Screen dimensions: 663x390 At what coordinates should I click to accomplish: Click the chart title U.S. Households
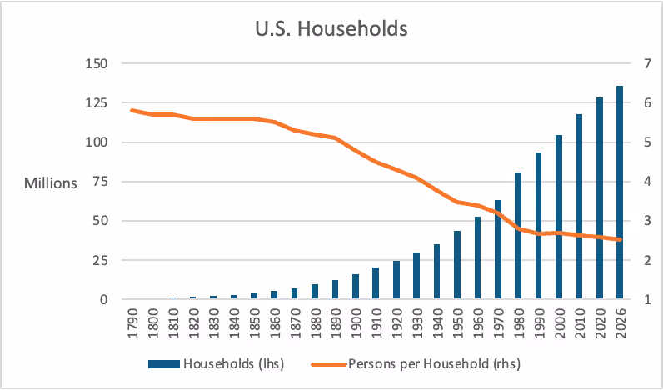coord(331,29)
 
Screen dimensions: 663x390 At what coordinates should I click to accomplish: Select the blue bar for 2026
coord(620,192)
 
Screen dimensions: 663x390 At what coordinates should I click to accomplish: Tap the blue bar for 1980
coord(518,236)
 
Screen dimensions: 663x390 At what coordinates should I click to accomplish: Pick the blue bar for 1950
coord(457,265)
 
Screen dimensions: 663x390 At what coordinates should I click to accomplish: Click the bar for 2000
coord(559,217)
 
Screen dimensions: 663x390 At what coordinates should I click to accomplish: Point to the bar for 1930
coord(416,276)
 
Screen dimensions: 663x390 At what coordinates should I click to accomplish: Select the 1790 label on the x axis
coord(132,322)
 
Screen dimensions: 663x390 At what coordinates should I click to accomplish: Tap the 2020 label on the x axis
coord(599,322)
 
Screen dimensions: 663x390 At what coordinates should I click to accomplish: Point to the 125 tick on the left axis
coord(97,103)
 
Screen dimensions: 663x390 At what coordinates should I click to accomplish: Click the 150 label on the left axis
coord(97,64)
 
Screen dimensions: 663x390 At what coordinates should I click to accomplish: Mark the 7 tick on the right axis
coord(635,64)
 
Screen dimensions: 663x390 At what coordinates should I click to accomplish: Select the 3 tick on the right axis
coord(635,221)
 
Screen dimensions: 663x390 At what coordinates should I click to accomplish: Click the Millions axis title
coord(51,183)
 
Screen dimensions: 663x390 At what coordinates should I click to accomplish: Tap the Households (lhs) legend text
coord(233,364)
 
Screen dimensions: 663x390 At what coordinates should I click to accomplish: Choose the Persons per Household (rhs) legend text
coord(435,364)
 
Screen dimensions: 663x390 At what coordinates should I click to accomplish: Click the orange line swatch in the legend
coord(329,364)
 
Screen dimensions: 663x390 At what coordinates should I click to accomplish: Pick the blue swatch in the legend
coord(164,364)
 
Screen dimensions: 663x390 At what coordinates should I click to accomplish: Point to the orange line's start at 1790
coord(132,110)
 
